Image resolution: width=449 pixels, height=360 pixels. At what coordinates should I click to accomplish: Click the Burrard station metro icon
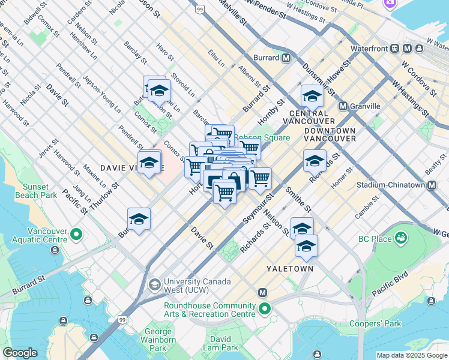pyautogui.click(x=286, y=58)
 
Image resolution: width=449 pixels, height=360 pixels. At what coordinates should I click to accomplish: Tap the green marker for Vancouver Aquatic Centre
pyautogui.click(x=76, y=234)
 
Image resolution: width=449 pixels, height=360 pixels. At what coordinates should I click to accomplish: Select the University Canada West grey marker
pyautogui.click(x=155, y=283)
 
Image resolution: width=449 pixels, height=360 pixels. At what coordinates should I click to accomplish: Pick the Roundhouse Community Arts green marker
pyautogui.click(x=265, y=310)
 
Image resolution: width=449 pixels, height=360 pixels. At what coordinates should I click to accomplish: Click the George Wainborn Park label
pyautogui.click(x=158, y=339)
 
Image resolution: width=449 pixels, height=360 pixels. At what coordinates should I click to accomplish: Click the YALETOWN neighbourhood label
pyautogui.click(x=289, y=269)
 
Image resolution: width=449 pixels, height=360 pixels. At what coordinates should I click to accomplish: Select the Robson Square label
pyautogui.click(x=263, y=137)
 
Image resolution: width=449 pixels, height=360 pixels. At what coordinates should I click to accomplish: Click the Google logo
pyautogui.click(x=20, y=353)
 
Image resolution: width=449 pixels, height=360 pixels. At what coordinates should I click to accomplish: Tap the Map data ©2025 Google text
pyautogui.click(x=411, y=355)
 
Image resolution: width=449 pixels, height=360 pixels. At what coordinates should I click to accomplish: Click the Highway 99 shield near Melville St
pyautogui.click(x=200, y=10)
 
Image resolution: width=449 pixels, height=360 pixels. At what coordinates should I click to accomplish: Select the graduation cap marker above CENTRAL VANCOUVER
pyautogui.click(x=312, y=95)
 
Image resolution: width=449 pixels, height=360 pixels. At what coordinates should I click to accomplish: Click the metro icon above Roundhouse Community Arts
pyautogui.click(x=262, y=292)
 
